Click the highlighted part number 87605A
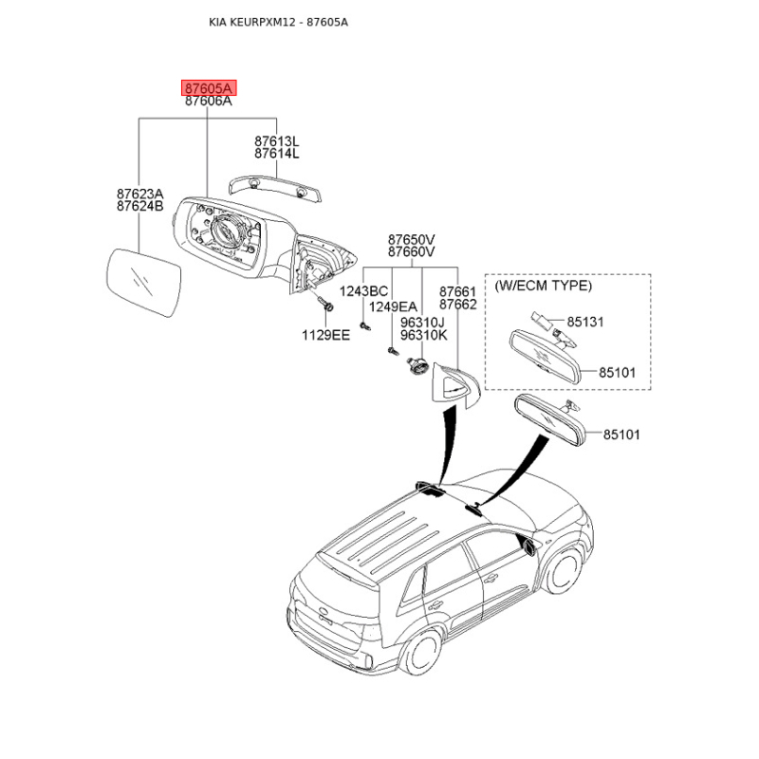coord(209,88)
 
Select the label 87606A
coord(209,102)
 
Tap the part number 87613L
coord(277,141)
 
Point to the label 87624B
coord(140,206)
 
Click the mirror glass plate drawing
coord(143,283)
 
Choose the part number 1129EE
coord(325,335)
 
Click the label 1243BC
coord(363,291)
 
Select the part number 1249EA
coord(393,306)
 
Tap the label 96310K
coord(423,335)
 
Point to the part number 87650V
coord(412,240)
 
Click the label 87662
coord(458,305)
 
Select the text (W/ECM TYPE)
coord(543,286)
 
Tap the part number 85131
coord(585,322)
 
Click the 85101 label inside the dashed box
coord(618,373)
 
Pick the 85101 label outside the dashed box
coord(621,435)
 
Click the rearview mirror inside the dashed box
coord(544,356)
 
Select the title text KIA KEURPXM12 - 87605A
coord(278,22)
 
